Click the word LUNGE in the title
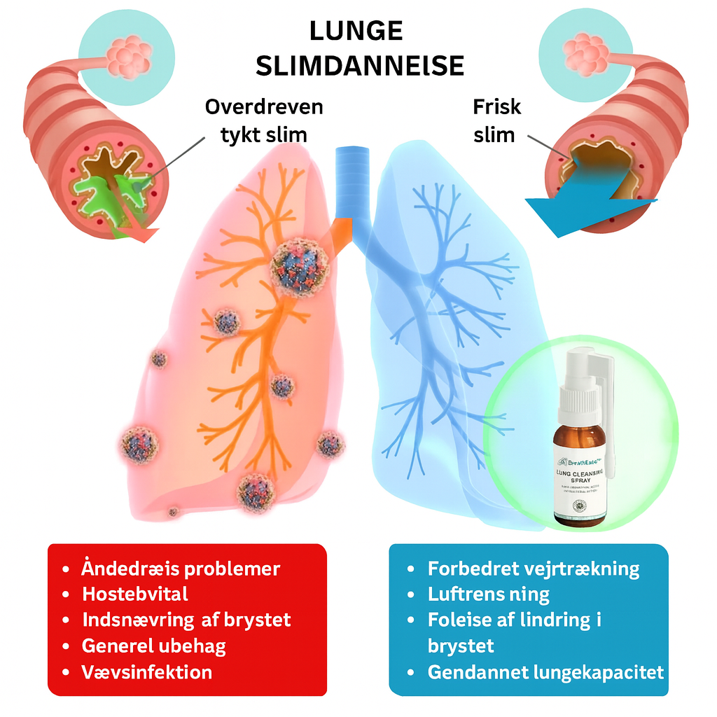click(x=358, y=32)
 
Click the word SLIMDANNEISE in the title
click(x=359, y=65)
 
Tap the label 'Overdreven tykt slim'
click(x=264, y=120)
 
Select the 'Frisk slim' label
click(x=496, y=120)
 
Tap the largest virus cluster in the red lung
click(x=300, y=267)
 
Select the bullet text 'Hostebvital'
click(x=135, y=594)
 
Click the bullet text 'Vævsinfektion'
click(x=147, y=672)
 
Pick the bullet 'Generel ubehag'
click(x=153, y=646)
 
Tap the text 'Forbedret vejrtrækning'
click(x=534, y=569)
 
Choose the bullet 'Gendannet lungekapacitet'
click(x=545, y=672)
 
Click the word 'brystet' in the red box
click(x=255, y=620)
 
